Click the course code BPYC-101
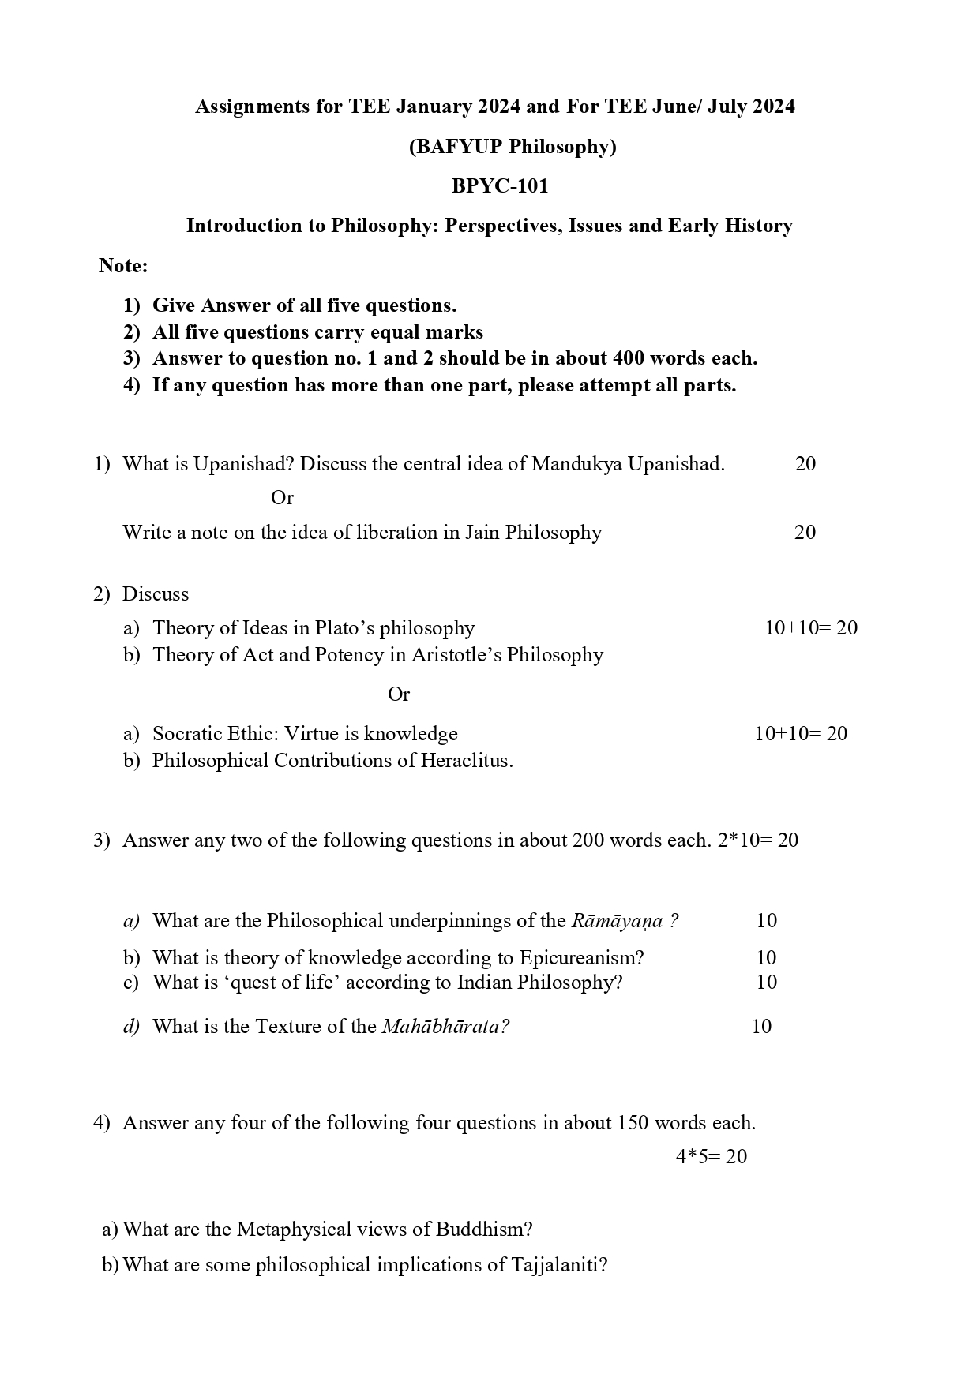(499, 186)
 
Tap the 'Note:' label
(123, 266)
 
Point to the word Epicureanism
(581, 958)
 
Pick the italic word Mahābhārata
(445, 1027)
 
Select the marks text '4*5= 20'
(711, 1157)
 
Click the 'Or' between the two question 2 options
(399, 694)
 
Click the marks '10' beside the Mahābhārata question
(761, 1027)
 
